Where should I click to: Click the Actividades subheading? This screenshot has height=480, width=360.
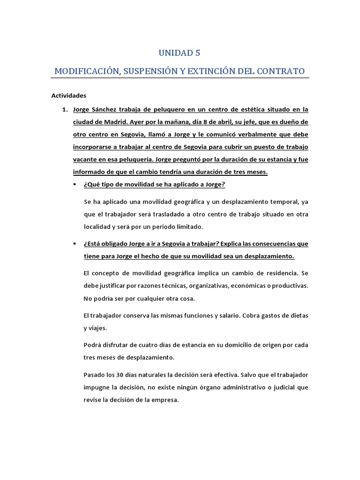coord(69,96)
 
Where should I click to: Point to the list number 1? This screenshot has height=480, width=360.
coord(65,110)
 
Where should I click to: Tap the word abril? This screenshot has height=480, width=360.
coord(217,123)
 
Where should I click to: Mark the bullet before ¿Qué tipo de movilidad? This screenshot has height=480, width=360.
coord(75,185)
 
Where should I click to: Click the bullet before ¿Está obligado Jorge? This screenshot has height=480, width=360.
coord(75,244)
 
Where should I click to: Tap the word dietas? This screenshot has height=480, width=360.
coord(298,315)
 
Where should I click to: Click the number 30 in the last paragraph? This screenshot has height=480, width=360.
coord(120,375)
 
